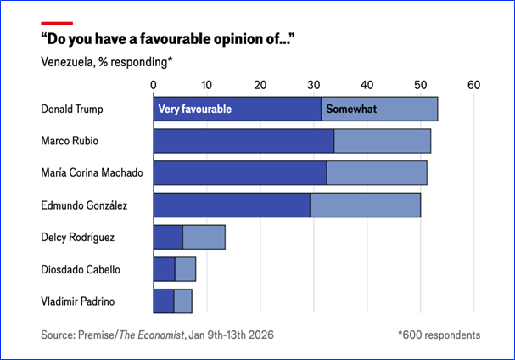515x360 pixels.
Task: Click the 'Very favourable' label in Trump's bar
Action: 193,110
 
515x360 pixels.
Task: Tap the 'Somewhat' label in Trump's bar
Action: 352,110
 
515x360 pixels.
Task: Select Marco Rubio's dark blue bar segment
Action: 244,141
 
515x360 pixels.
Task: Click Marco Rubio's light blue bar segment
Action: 383,141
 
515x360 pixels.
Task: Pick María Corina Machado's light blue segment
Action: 377,173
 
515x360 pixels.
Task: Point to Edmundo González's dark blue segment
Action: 232,205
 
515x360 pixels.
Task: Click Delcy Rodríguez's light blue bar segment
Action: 204,237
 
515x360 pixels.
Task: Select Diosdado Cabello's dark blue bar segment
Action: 164,269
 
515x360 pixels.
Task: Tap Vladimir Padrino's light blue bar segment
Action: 182,301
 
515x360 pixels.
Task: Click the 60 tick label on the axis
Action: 474,85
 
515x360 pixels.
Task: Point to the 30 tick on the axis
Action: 314,85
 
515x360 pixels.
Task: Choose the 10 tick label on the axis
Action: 207,85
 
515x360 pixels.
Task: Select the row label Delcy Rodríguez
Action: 78,237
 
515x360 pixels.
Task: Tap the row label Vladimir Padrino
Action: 74,301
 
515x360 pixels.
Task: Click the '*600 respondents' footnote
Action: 439,335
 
